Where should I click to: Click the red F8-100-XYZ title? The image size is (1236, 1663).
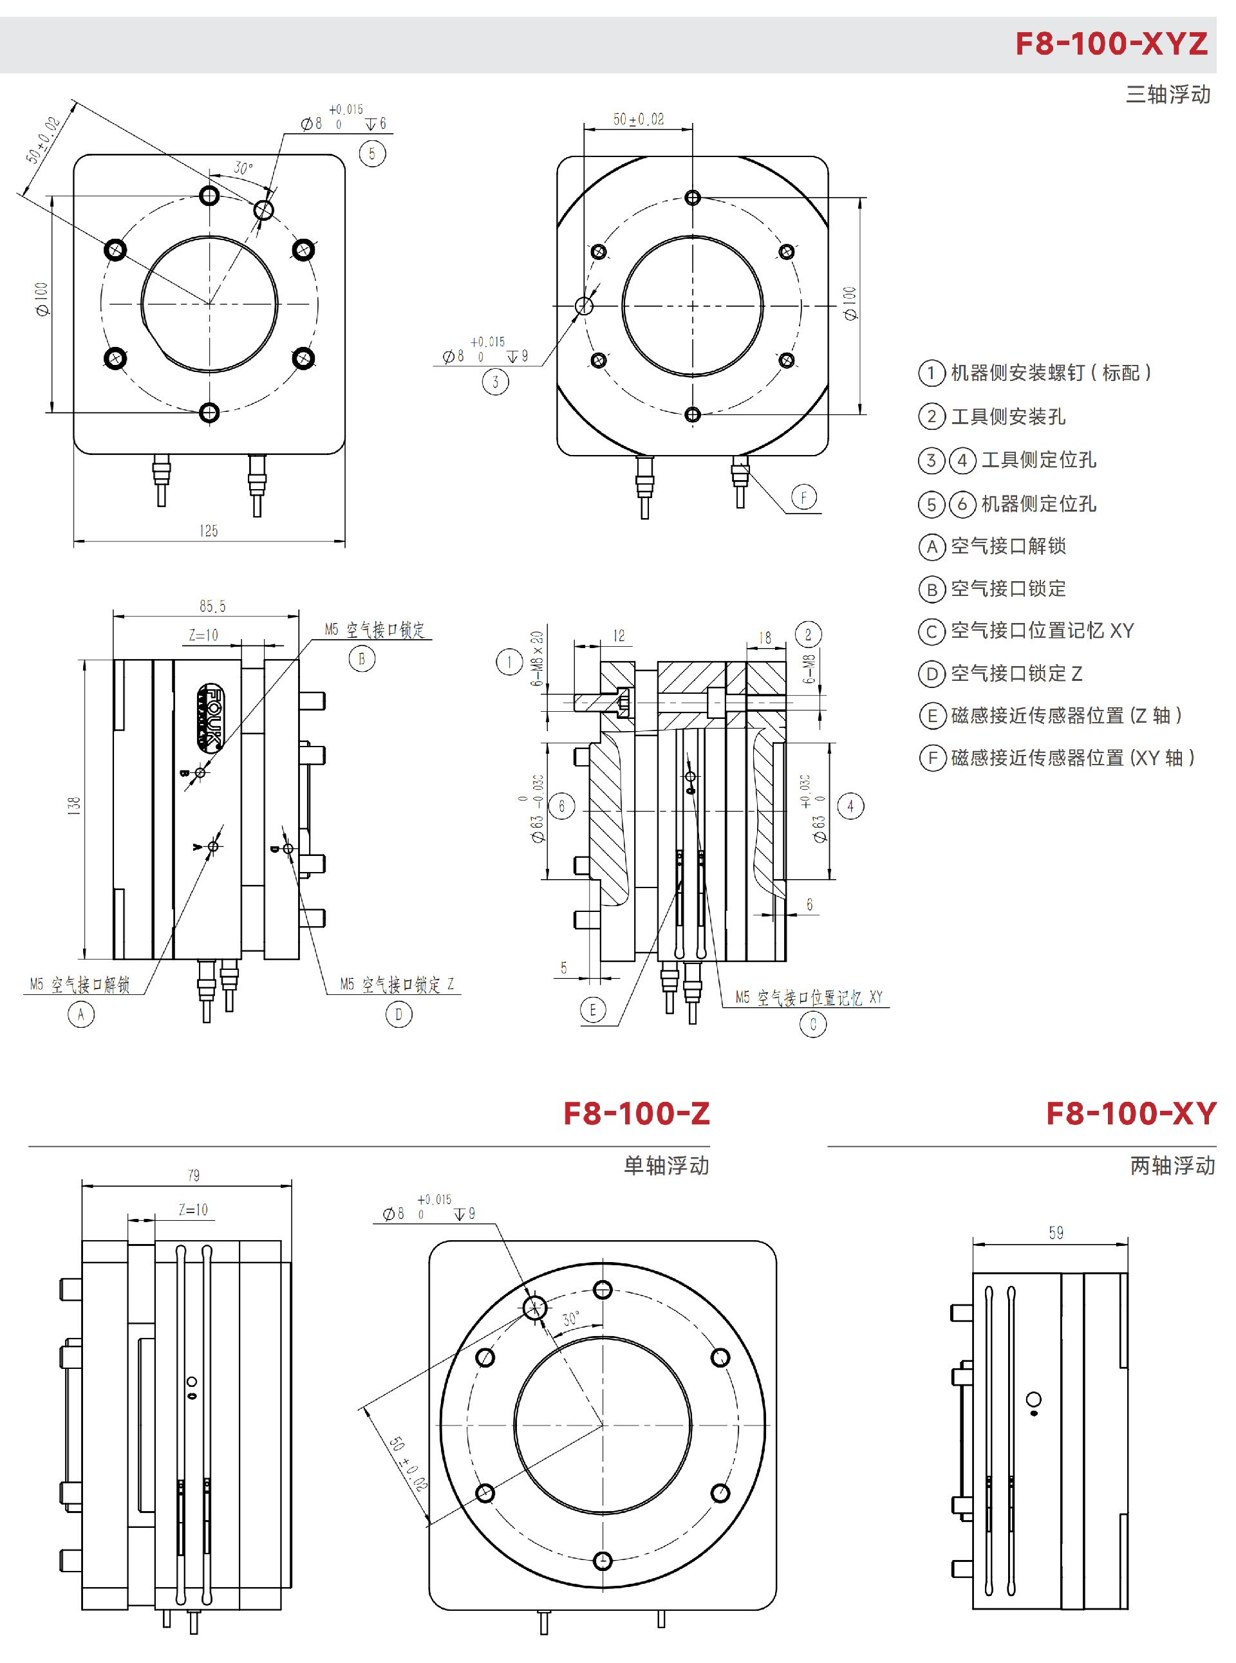pyautogui.click(x=1110, y=43)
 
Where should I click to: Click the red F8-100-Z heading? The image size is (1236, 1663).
pyautogui.click(x=636, y=1113)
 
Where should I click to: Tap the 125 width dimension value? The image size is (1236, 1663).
pyautogui.click(x=209, y=531)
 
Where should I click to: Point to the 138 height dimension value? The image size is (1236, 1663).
pyautogui.click(x=73, y=805)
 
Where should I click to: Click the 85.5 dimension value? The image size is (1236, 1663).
pyautogui.click(x=212, y=606)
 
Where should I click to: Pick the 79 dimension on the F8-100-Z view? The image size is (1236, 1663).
pyautogui.click(x=194, y=1175)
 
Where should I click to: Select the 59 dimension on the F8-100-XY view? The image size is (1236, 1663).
pyautogui.click(x=1056, y=1232)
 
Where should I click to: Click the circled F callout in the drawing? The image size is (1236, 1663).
pyautogui.click(x=803, y=497)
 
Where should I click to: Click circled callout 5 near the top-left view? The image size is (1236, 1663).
pyautogui.click(x=372, y=153)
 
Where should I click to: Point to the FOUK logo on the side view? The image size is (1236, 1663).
pyautogui.click(x=211, y=717)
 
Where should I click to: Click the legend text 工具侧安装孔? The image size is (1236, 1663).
pyautogui.click(x=1008, y=416)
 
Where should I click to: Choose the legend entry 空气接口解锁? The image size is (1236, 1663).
pyautogui.click(x=1008, y=546)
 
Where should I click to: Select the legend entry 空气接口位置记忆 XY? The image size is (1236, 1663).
pyautogui.click(x=1042, y=631)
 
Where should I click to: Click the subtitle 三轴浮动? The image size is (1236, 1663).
pyautogui.click(x=1168, y=94)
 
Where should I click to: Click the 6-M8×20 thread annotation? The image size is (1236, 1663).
pyautogui.click(x=537, y=658)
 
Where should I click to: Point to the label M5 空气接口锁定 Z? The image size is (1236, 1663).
pyautogui.click(x=397, y=985)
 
